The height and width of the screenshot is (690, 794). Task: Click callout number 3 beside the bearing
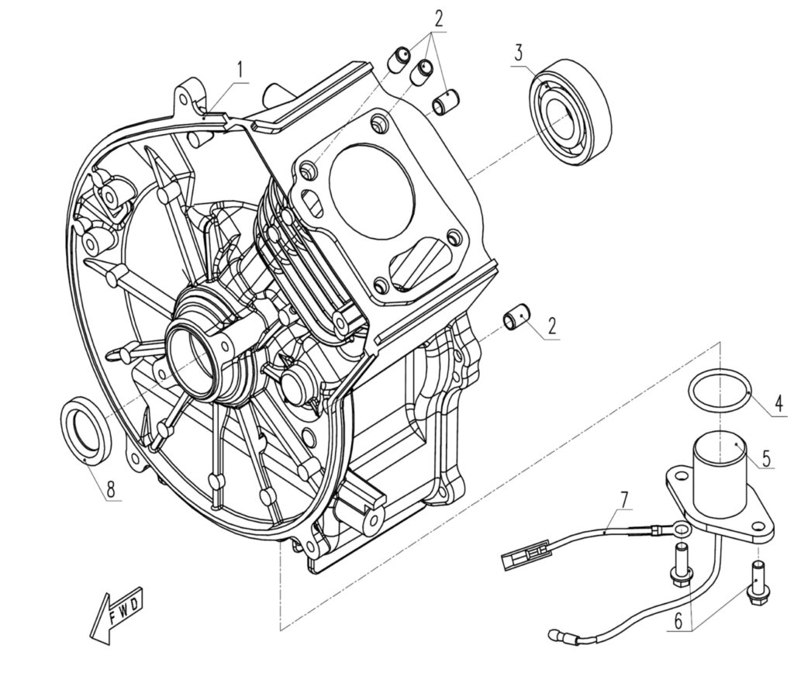coord(519,53)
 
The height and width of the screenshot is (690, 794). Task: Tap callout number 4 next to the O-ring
coord(778,404)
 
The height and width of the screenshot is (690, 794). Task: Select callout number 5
coord(766,458)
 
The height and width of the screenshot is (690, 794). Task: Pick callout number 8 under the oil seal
coord(111,489)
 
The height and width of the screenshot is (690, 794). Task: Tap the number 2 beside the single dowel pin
coord(551,326)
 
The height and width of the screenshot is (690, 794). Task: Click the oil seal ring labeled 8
coord(85,431)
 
